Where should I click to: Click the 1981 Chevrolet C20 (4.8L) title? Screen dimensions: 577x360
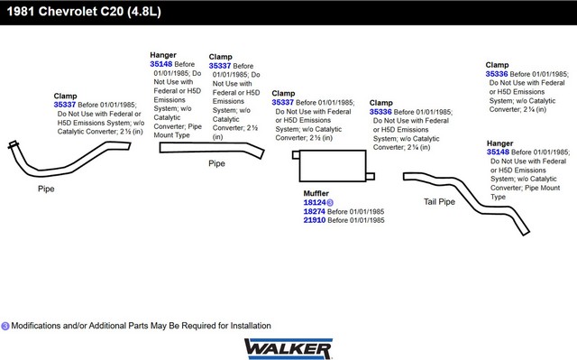pyautogui.click(x=84, y=12)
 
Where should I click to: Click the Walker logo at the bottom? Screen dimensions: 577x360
pyautogui.click(x=288, y=348)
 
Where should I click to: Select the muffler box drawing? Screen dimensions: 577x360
pyautogui.click(x=333, y=166)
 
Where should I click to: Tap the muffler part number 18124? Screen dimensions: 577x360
pyautogui.click(x=315, y=202)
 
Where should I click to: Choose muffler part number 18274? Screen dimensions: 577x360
pyautogui.click(x=315, y=211)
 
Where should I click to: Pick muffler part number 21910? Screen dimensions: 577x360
pyautogui.click(x=315, y=220)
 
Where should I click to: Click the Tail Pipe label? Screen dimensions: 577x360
pyautogui.click(x=439, y=202)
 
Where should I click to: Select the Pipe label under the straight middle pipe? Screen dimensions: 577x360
pyautogui.click(x=216, y=163)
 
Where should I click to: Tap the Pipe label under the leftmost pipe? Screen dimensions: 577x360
pyautogui.click(x=46, y=189)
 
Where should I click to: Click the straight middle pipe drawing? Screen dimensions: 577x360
pyautogui.click(x=212, y=148)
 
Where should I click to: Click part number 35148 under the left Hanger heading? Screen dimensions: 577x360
pyautogui.click(x=160, y=64)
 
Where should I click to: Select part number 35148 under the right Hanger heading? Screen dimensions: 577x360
pyautogui.click(x=498, y=152)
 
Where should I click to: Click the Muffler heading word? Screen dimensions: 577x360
pyautogui.click(x=316, y=193)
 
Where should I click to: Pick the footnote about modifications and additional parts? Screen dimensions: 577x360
pyautogui.click(x=141, y=326)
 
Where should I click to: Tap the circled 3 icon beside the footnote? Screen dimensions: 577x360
pyautogui.click(x=5, y=326)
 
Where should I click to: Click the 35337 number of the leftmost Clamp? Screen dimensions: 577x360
pyautogui.click(x=65, y=105)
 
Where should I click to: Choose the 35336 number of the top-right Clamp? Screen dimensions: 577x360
pyautogui.click(x=497, y=74)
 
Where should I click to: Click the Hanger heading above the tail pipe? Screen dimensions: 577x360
pyautogui.click(x=499, y=143)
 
